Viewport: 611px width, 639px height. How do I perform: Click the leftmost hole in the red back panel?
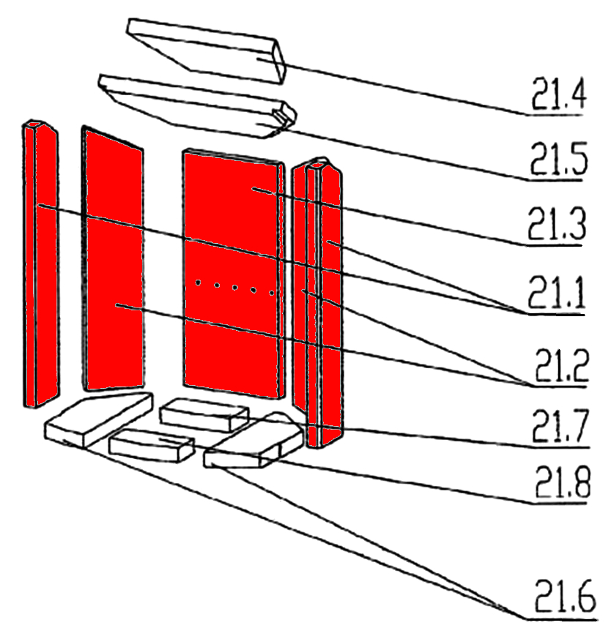(x=199, y=283)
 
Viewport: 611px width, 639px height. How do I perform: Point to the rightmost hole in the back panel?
(x=271, y=293)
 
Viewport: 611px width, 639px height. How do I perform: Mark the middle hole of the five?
(x=234, y=288)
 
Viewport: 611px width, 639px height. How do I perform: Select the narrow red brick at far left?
(x=40, y=264)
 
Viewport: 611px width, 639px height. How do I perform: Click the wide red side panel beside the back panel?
(x=114, y=260)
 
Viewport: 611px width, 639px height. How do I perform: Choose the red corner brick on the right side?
(x=319, y=300)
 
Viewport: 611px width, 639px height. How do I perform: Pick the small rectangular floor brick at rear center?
(x=202, y=415)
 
